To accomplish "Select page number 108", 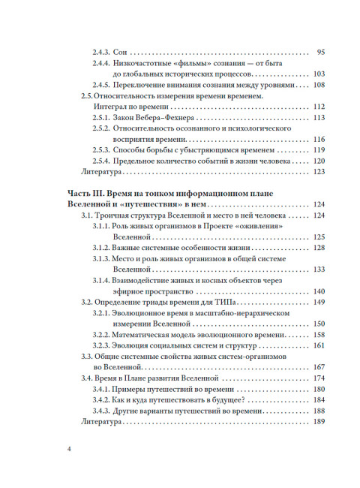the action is coord(318,85).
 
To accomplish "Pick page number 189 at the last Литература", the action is coord(318,421).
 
